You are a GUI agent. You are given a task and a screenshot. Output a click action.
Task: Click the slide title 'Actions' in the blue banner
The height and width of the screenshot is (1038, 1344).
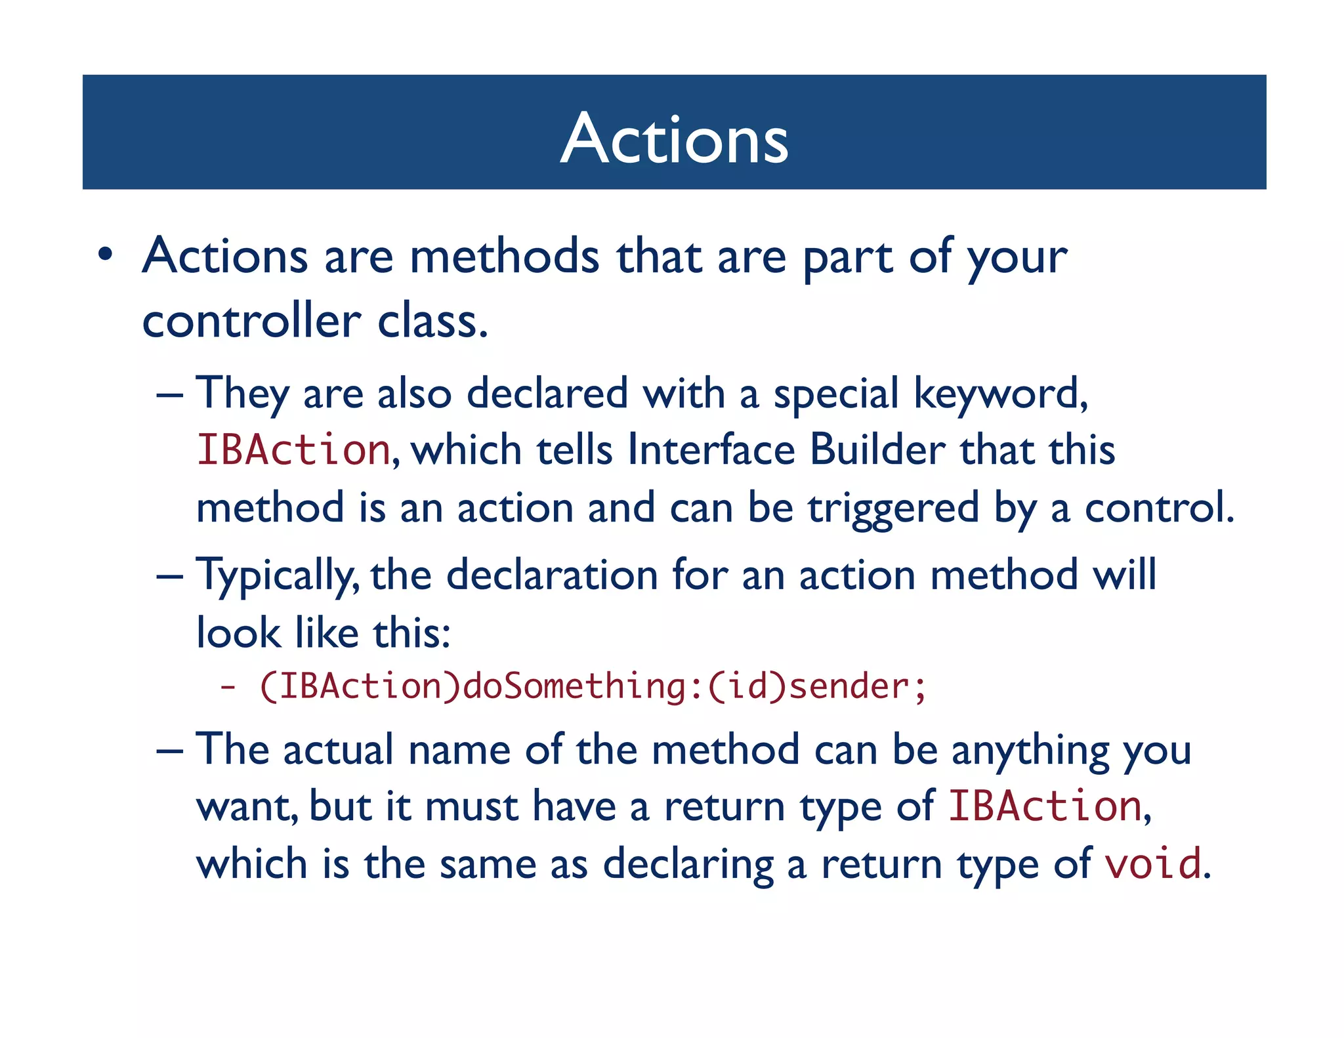tap(674, 138)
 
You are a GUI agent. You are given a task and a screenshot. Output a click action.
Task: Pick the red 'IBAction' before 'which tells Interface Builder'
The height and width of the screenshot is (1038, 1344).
tap(293, 451)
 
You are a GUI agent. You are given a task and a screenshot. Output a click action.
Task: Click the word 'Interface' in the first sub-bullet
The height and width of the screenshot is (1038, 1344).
tap(711, 451)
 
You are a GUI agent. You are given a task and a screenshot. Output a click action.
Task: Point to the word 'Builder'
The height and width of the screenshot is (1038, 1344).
tap(877, 451)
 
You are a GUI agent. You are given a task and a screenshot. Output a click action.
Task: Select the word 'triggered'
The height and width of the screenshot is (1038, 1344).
tap(893, 509)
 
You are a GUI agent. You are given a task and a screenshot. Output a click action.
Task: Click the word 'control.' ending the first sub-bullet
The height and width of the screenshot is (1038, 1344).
tap(1159, 509)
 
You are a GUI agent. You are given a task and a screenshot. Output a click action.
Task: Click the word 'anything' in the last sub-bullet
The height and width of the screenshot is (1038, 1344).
tap(1030, 750)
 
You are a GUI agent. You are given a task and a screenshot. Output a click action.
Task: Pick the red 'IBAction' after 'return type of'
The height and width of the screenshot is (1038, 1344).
tap(1045, 806)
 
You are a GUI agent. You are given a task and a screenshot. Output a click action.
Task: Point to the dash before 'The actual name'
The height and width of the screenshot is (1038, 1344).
tap(169, 750)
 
